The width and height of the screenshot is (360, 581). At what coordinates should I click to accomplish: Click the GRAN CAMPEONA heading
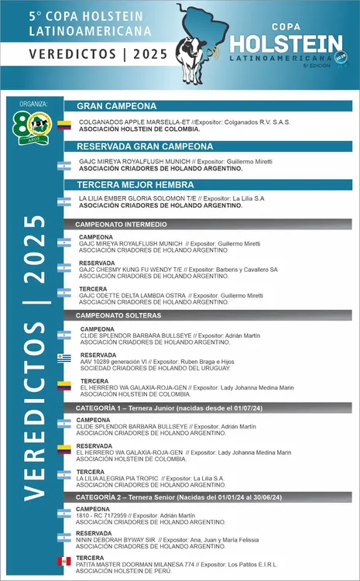(117, 107)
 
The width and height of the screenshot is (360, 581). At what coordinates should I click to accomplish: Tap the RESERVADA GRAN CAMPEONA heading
(139, 146)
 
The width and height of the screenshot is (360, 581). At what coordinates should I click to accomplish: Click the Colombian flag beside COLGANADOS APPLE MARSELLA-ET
(63, 125)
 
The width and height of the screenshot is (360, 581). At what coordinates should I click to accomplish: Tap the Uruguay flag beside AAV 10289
(63, 357)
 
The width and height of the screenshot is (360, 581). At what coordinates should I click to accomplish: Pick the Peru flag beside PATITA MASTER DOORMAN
(63, 561)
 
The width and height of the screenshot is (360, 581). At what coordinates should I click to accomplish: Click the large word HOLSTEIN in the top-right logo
(286, 43)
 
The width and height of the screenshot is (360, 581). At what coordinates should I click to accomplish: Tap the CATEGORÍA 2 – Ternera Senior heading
(178, 497)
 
